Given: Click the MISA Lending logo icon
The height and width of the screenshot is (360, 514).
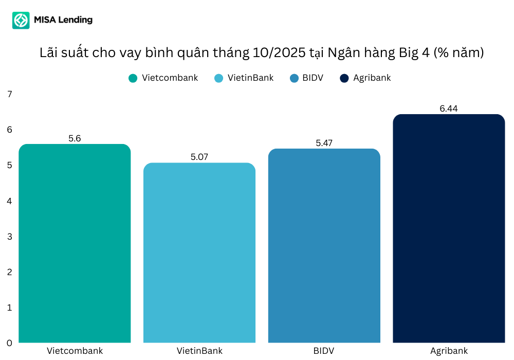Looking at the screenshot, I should tap(21, 21).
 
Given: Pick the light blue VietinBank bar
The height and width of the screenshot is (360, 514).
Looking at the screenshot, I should tap(199, 253).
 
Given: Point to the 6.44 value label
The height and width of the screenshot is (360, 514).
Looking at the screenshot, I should tap(449, 109).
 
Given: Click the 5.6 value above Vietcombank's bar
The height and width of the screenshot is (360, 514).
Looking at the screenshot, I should tap(75, 138).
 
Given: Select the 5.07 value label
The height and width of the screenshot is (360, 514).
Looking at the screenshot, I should tap(199, 157).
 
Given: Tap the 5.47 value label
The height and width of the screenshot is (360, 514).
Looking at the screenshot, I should tap(324, 143).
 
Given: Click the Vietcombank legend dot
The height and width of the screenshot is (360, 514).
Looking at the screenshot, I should tap(133, 78).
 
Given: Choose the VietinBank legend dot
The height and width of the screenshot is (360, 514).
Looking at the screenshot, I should tap(219, 78).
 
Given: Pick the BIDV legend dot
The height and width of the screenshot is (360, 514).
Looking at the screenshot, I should tap(294, 78).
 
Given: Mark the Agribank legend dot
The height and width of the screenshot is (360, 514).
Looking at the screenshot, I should tap(344, 78).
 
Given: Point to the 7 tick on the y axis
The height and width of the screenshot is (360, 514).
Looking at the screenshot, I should tap(9, 94).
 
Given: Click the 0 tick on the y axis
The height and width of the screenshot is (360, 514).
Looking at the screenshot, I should tap(9, 343).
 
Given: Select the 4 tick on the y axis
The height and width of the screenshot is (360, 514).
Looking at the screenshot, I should tap(9, 201).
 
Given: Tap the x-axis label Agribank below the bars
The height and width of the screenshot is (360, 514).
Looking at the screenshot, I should tap(449, 351).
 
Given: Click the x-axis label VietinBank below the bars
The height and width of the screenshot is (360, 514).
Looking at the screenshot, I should tap(199, 351).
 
